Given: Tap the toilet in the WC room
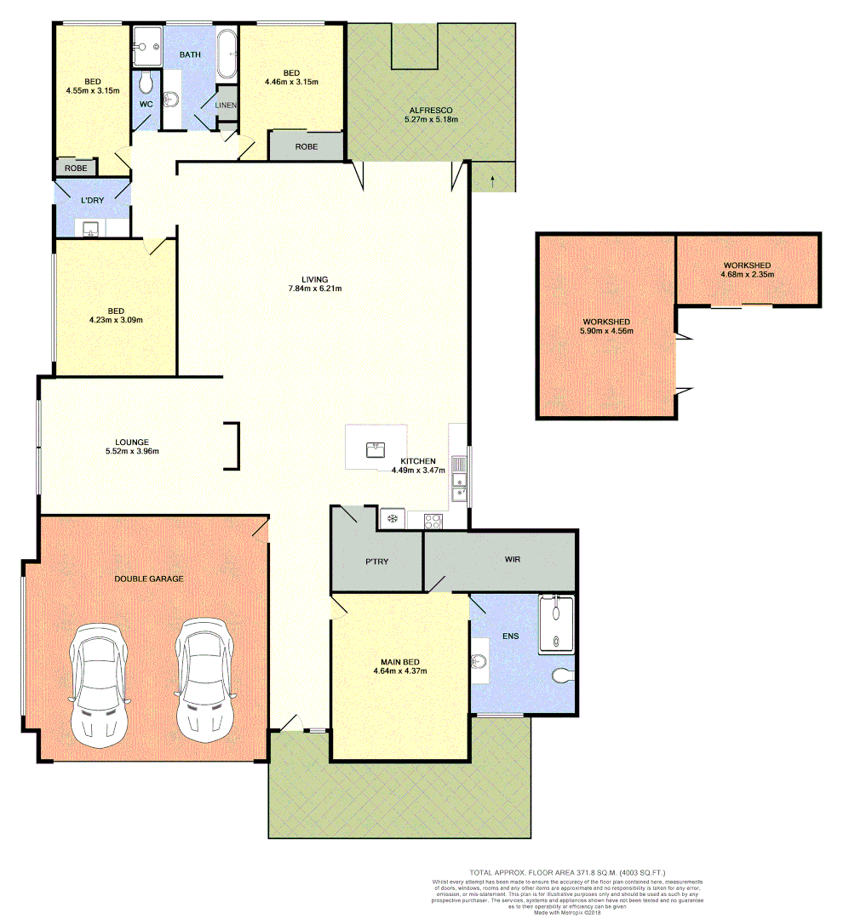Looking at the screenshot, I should [146, 82].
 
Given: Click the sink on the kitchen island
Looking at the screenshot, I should [376, 448].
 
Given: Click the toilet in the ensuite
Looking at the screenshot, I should [563, 676].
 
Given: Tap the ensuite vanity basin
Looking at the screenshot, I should [479, 661].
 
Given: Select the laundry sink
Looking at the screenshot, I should [90, 227].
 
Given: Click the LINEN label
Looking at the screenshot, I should [227, 105].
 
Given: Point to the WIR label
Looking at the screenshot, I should [511, 560].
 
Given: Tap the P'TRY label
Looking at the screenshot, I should [376, 562].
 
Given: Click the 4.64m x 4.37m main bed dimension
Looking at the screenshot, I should [399, 671].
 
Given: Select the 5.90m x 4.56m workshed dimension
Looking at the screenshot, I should [606, 331].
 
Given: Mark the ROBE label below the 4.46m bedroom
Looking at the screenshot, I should [307, 146].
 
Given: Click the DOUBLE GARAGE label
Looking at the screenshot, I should [149, 579].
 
